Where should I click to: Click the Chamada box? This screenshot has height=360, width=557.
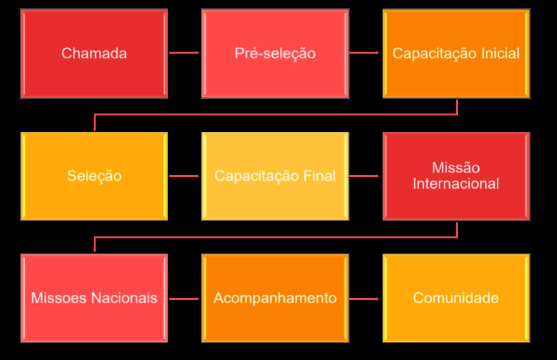click(x=94, y=53)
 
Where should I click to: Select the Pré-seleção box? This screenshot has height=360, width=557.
click(x=275, y=53)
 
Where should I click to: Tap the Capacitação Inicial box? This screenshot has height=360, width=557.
click(x=456, y=53)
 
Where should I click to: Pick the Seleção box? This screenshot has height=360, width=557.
click(x=94, y=176)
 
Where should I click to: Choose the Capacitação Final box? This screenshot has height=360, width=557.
click(x=275, y=176)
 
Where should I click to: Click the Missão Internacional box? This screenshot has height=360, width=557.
click(x=456, y=176)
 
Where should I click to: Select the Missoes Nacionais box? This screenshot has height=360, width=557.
click(x=94, y=298)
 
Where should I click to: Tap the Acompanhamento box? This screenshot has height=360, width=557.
click(x=275, y=298)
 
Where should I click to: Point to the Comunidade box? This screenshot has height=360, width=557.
click(x=456, y=298)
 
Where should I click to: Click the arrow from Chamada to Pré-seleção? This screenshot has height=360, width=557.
click(x=184, y=52)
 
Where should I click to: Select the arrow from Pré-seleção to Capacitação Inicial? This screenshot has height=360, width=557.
click(x=365, y=52)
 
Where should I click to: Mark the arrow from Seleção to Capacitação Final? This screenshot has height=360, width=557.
click(x=184, y=175)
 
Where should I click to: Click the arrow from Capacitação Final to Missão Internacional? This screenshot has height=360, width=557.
click(x=365, y=175)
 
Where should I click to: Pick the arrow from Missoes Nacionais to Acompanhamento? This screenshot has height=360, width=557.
click(x=184, y=298)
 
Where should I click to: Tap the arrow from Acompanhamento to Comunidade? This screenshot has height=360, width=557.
click(x=365, y=298)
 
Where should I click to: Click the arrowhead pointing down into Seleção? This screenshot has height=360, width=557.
click(x=94, y=128)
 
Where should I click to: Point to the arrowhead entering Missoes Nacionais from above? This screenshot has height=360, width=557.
click(x=94, y=250)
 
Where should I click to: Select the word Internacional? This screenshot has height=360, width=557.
click(x=456, y=184)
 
